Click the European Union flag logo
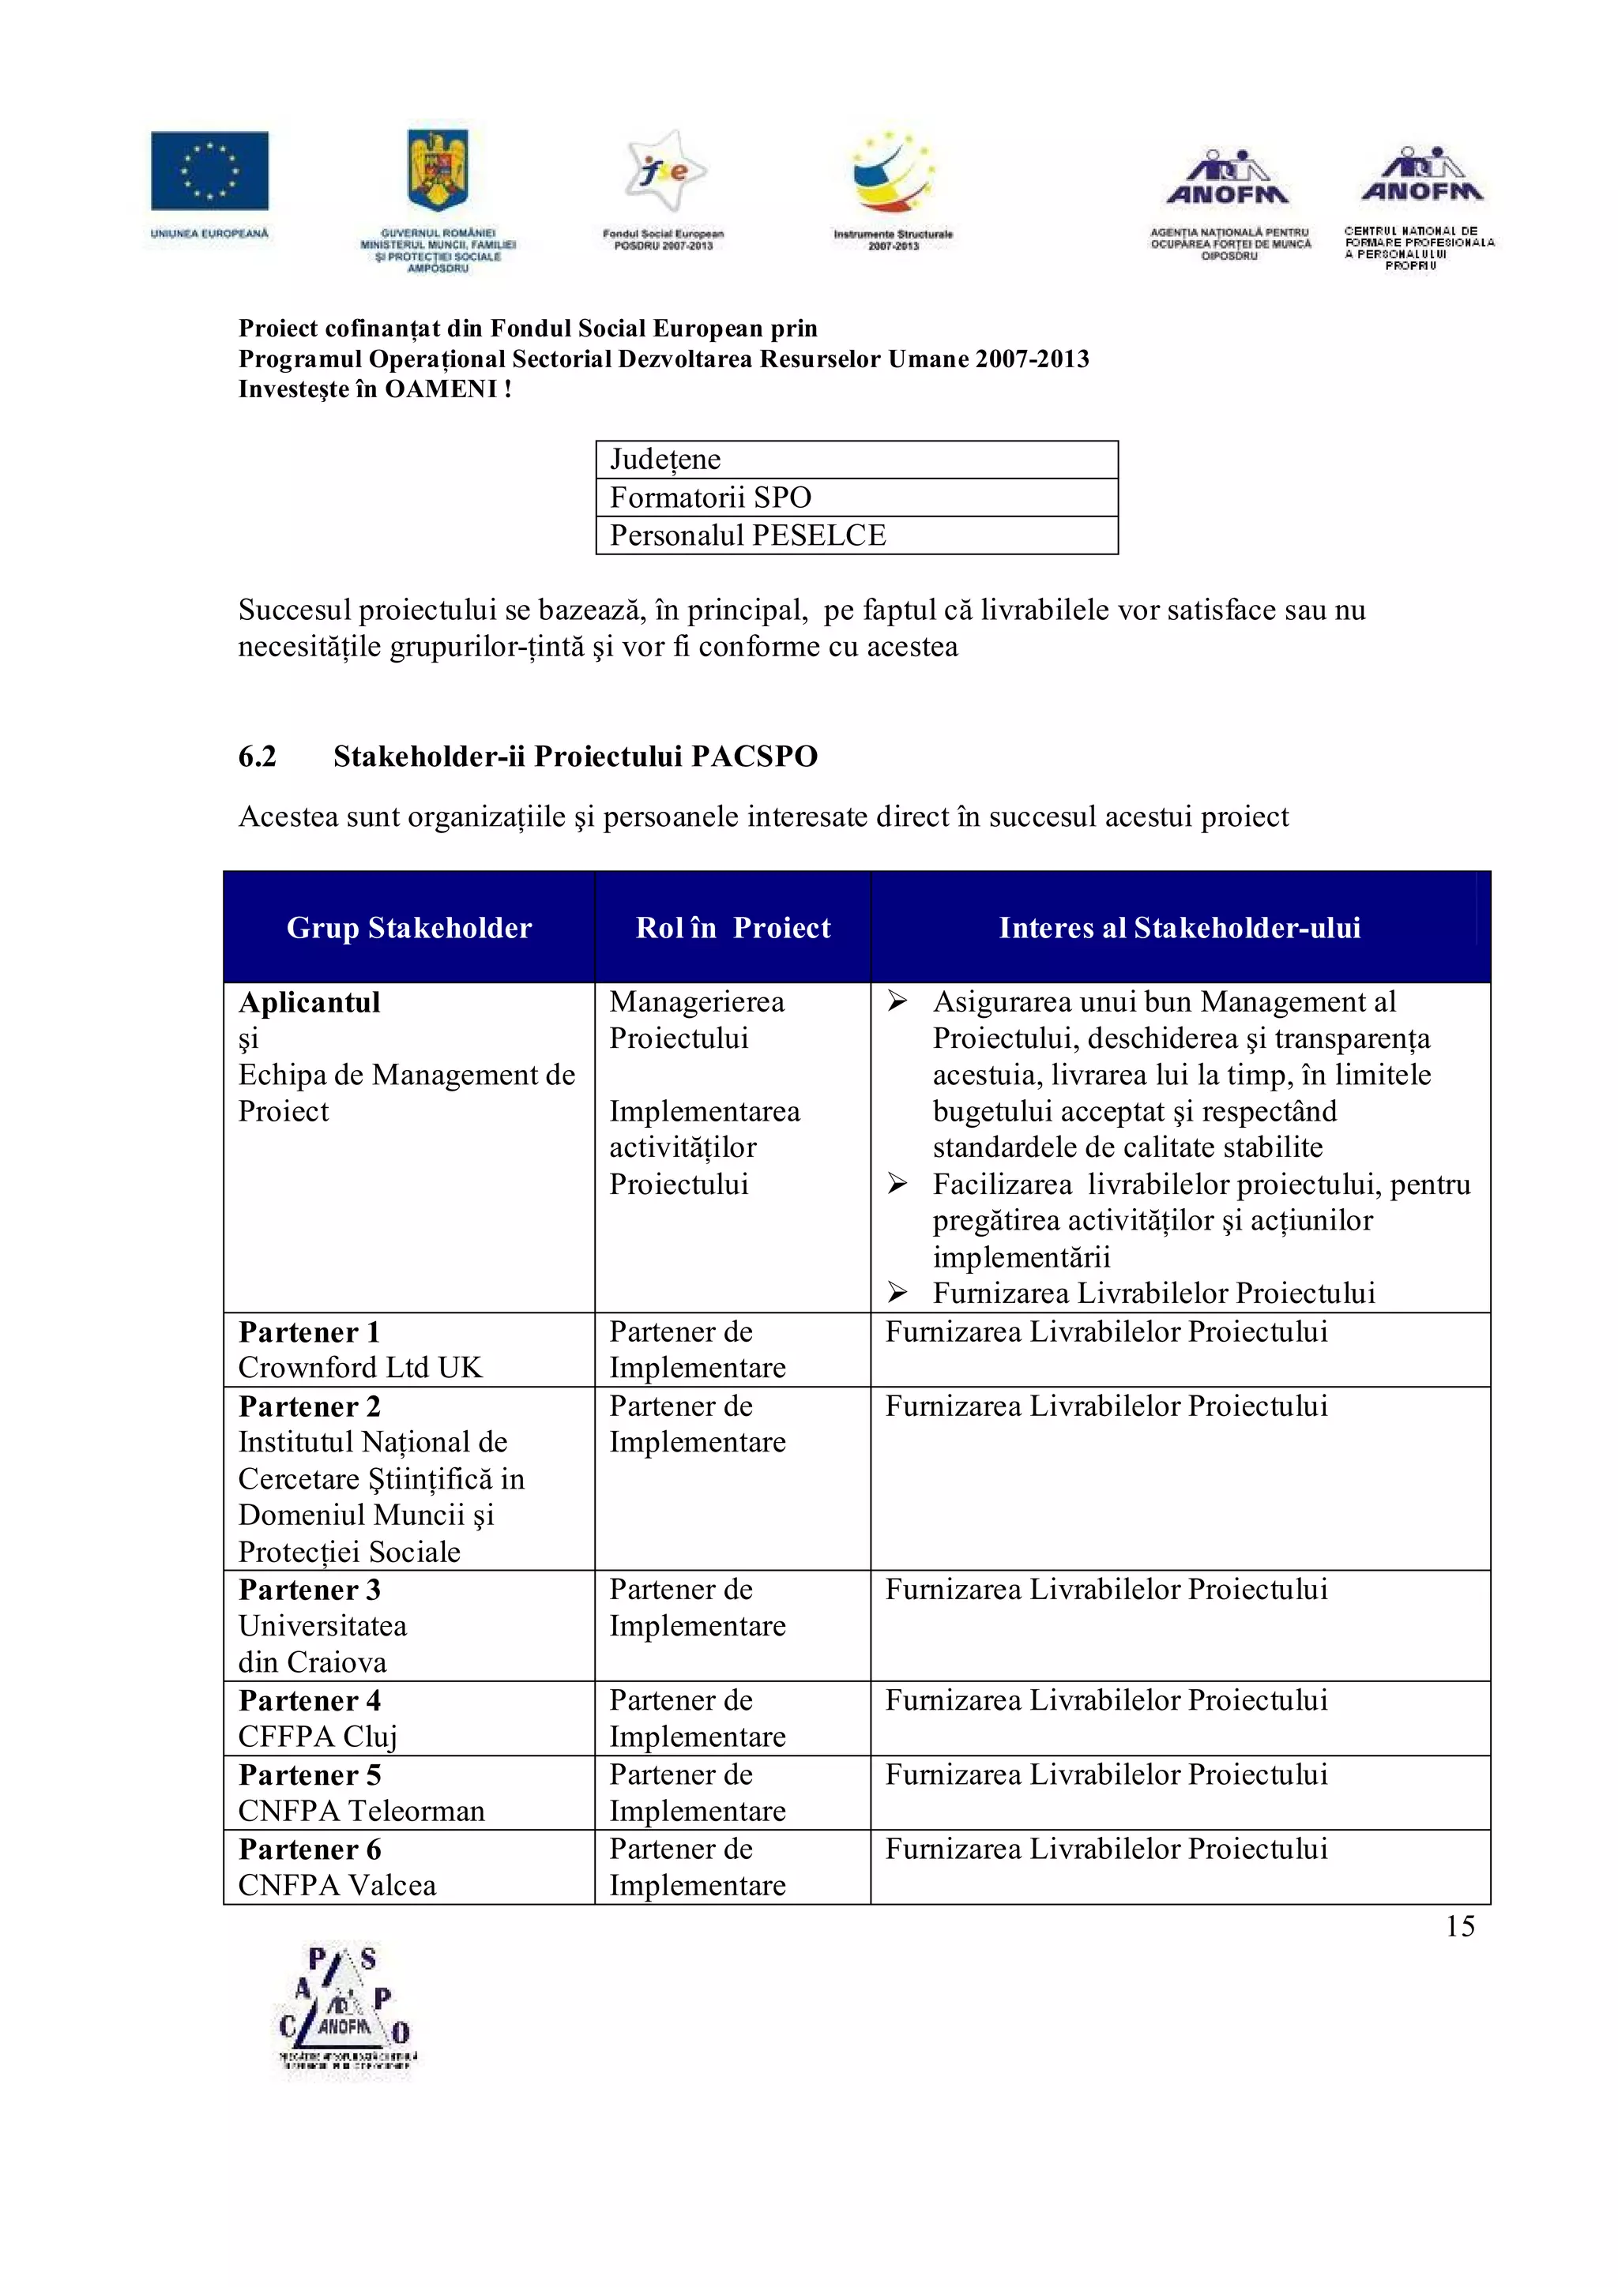[x=209, y=171]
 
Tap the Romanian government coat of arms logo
[x=438, y=171]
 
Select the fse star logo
[x=664, y=171]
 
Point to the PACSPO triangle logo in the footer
[x=344, y=2008]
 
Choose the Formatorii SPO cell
[x=710, y=497]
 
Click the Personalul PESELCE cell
[x=747, y=535]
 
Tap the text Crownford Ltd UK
[x=359, y=1368]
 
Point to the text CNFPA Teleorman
[x=361, y=1811]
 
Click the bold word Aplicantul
[x=309, y=1002]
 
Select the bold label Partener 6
[x=309, y=1849]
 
